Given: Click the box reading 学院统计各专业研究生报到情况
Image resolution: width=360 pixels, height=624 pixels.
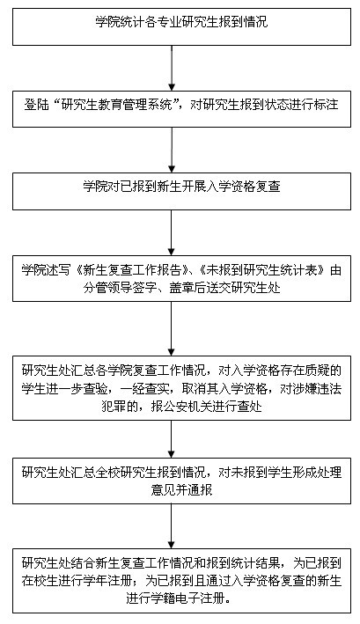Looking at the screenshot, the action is pos(182,26).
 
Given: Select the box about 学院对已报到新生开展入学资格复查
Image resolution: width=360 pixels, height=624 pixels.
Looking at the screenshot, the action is pos(182,191).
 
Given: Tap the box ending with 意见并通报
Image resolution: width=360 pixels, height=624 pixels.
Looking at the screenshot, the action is pos(182,481).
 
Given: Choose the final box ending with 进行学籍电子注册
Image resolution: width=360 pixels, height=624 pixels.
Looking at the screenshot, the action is pos(182,581).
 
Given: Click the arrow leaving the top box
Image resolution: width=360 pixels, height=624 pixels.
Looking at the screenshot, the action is pos(172,68).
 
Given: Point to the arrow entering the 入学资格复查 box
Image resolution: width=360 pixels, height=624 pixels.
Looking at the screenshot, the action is pos(172,150).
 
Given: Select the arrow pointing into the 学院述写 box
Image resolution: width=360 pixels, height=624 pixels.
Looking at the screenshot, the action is pos(172,233).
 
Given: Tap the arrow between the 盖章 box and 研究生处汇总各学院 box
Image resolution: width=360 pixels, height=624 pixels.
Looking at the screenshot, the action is pos(172,328).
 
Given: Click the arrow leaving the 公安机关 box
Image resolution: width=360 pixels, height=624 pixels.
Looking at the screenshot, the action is pos(172,439).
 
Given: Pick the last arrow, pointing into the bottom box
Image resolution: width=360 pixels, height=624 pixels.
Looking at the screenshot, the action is pos(172,526).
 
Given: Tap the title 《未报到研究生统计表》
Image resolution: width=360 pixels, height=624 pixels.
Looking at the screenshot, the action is pos(265,270).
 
